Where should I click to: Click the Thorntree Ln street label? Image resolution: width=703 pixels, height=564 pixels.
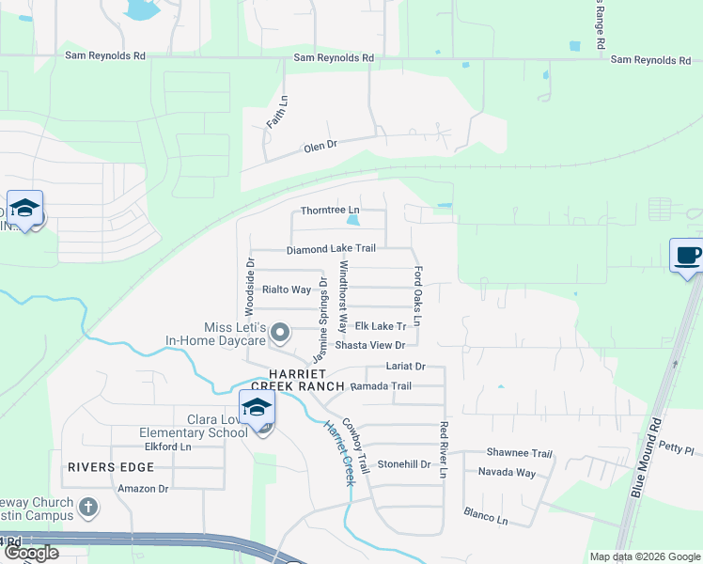(x=329, y=210)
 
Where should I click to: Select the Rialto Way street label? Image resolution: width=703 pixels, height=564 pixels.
(x=287, y=290)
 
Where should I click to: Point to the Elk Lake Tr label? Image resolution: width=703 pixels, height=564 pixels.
(x=380, y=326)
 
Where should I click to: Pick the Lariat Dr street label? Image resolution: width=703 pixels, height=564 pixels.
(x=406, y=366)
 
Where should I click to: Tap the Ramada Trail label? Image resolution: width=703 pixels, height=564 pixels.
(x=381, y=386)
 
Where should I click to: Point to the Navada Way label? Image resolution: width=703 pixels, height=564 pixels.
(x=507, y=472)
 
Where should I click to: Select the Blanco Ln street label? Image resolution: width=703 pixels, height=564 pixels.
(x=485, y=515)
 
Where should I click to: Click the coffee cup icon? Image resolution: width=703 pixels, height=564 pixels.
(x=688, y=255)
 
